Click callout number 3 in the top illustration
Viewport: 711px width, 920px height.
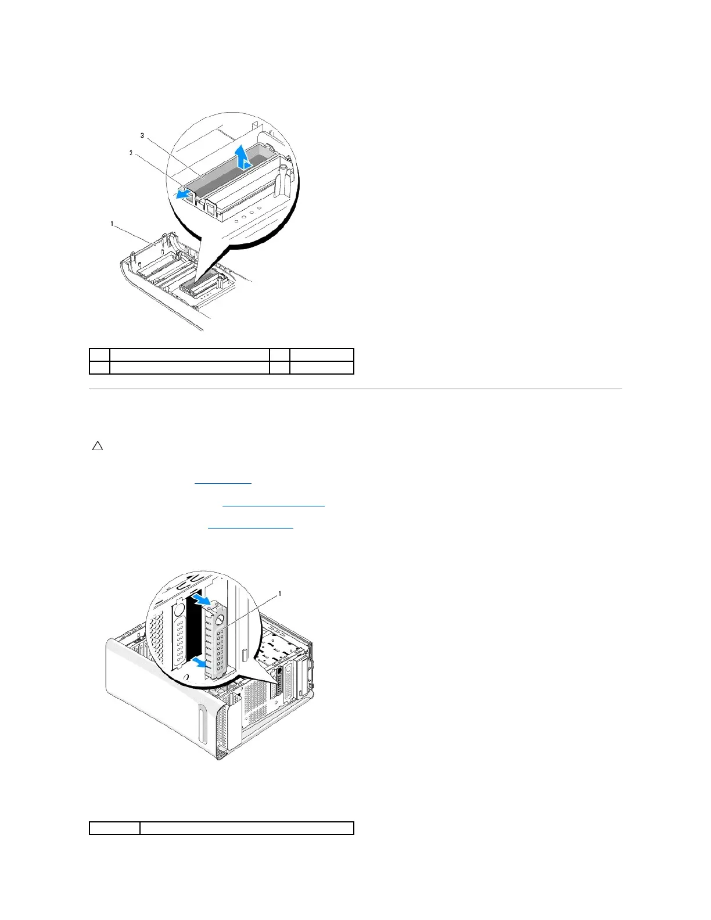[142, 135]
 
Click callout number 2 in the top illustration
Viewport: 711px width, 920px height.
[131, 153]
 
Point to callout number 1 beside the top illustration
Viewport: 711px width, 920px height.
[112, 224]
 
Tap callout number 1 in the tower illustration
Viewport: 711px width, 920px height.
[280, 594]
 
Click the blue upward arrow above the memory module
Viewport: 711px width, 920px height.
[247, 156]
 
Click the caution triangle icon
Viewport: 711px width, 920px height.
[98, 447]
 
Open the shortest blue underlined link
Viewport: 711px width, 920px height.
[223, 483]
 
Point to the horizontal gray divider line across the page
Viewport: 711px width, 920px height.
[355, 389]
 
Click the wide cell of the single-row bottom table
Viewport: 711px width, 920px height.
[247, 828]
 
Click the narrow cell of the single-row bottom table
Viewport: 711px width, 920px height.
[114, 828]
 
